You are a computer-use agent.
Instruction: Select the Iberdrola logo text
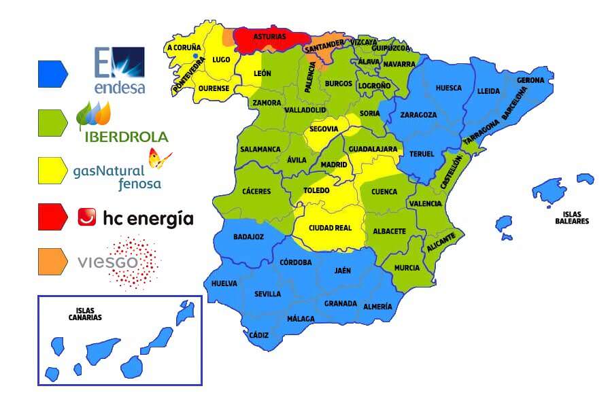click(125, 137)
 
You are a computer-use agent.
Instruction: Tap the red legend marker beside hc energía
click(52, 217)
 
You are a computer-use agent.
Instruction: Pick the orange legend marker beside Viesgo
click(52, 262)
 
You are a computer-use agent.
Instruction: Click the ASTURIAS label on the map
click(269, 37)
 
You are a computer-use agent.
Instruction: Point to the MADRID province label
click(333, 165)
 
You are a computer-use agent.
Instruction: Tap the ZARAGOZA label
click(418, 115)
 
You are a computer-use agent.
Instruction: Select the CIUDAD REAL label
click(330, 228)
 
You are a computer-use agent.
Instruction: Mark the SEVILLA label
click(267, 294)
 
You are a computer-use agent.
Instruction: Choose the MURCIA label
click(407, 268)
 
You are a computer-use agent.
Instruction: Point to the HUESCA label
click(448, 88)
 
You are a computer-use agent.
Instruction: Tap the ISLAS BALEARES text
click(571, 218)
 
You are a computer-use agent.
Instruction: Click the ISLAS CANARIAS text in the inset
click(85, 313)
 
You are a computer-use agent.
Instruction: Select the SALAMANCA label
click(260, 149)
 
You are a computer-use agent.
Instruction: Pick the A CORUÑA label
click(184, 48)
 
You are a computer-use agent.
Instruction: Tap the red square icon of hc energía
click(87, 217)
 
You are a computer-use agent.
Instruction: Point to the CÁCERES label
click(256, 191)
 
